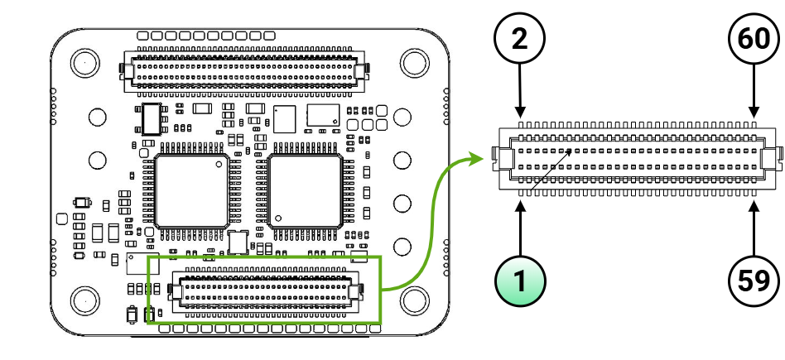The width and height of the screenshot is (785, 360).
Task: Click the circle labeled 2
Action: (519, 40)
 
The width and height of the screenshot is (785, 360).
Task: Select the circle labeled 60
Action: (754, 40)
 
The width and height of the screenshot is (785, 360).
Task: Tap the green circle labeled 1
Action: (519, 281)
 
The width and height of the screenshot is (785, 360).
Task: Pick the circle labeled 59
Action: (754, 281)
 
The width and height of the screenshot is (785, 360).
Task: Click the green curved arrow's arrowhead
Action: (477, 157)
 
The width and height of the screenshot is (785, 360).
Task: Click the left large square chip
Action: (192, 190)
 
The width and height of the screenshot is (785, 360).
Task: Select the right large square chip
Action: (305, 190)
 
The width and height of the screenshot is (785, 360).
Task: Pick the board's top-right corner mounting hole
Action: (412, 62)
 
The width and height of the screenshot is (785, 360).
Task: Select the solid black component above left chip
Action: (151, 119)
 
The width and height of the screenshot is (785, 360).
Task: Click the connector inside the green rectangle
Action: (265, 290)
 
